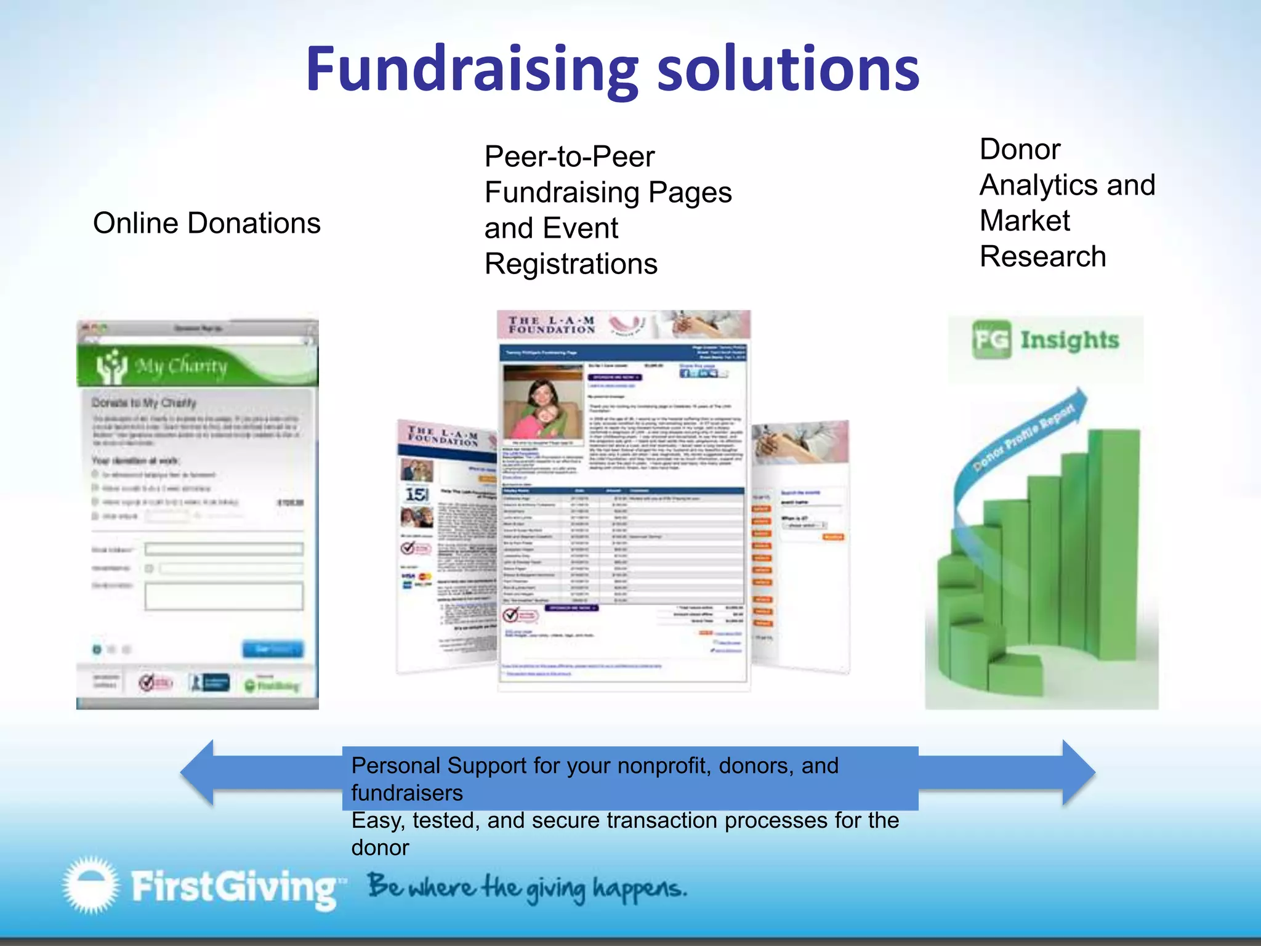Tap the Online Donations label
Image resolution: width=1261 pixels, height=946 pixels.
point(207,223)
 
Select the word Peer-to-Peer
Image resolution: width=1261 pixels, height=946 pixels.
point(570,156)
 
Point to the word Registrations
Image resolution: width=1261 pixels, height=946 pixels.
point(571,264)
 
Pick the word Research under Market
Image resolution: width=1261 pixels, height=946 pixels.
point(1042,256)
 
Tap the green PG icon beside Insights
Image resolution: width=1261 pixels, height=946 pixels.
point(991,339)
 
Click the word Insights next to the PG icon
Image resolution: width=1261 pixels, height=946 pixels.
point(1070,340)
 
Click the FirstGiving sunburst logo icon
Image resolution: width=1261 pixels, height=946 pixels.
point(91,884)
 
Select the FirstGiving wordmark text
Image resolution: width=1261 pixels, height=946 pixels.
point(234,887)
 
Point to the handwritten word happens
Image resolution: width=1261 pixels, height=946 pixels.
point(639,889)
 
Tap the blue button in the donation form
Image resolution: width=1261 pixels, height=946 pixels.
point(273,649)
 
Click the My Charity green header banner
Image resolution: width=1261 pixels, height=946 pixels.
point(197,366)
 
